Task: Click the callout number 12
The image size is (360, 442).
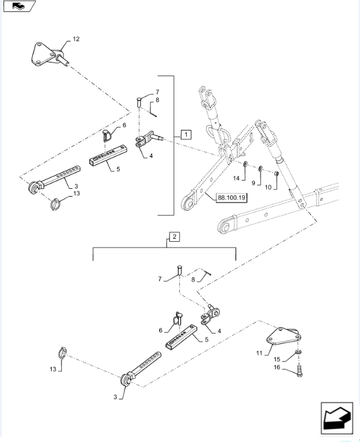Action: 76,39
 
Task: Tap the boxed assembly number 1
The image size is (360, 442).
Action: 186,134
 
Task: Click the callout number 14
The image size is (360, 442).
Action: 236,179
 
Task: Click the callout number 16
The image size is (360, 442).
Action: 278,367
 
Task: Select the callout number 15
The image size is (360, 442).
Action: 278,358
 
